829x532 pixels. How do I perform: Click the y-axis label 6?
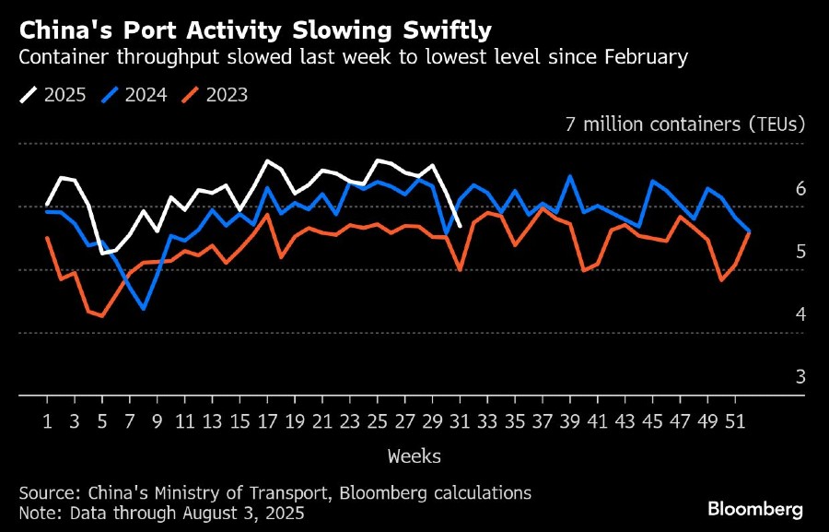tap(800, 189)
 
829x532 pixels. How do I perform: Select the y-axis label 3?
tap(800, 377)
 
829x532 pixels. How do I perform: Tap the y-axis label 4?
tap(800, 314)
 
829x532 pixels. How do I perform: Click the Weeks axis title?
tap(414, 455)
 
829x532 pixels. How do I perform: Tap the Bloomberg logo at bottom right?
tap(755, 509)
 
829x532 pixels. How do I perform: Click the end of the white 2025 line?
tap(460, 239)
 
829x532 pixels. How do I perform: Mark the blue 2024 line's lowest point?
tap(144, 309)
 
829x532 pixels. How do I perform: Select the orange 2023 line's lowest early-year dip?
tap(102, 316)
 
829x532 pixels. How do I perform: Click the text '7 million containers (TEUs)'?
tap(684, 124)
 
